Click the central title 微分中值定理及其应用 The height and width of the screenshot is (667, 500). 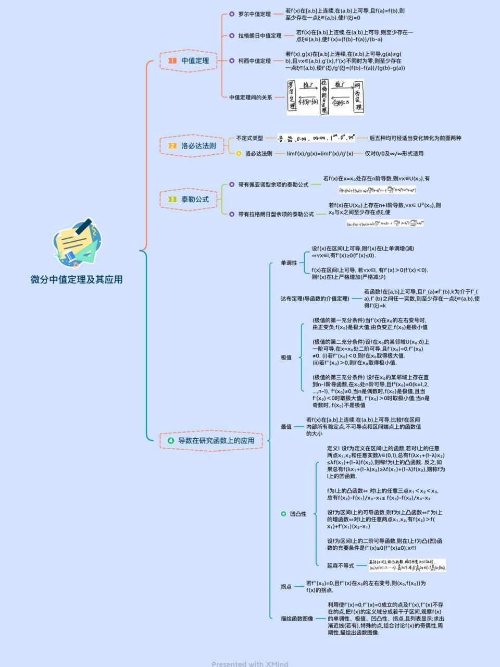pyautogui.click(x=77, y=280)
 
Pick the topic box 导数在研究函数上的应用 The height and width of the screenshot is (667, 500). pyautogui.click(x=211, y=440)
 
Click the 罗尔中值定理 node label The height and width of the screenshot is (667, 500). pyautogui.click(x=254, y=14)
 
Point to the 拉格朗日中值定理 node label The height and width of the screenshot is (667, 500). pyautogui.click(x=259, y=36)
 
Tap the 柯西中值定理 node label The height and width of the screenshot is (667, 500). pyautogui.click(x=254, y=61)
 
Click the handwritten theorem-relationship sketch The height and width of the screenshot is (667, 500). pyautogui.click(x=326, y=97)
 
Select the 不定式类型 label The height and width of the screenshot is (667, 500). pyautogui.click(x=249, y=138)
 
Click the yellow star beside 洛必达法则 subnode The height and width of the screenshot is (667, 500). pyautogui.click(x=239, y=154)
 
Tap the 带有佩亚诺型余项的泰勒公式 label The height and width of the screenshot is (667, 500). pyautogui.click(x=273, y=184)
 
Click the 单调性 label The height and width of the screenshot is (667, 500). pyautogui.click(x=289, y=263)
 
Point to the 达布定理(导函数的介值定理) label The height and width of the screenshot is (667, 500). pyautogui.click(x=315, y=299)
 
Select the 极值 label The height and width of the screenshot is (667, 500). pyautogui.click(x=286, y=357)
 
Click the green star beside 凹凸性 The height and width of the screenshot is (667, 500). pyautogui.click(x=283, y=514)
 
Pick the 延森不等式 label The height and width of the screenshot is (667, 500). pyautogui.click(x=340, y=565)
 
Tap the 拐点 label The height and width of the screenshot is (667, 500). pyautogui.click(x=286, y=587)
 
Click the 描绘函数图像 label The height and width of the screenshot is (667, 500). pyautogui.click(x=297, y=619)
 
